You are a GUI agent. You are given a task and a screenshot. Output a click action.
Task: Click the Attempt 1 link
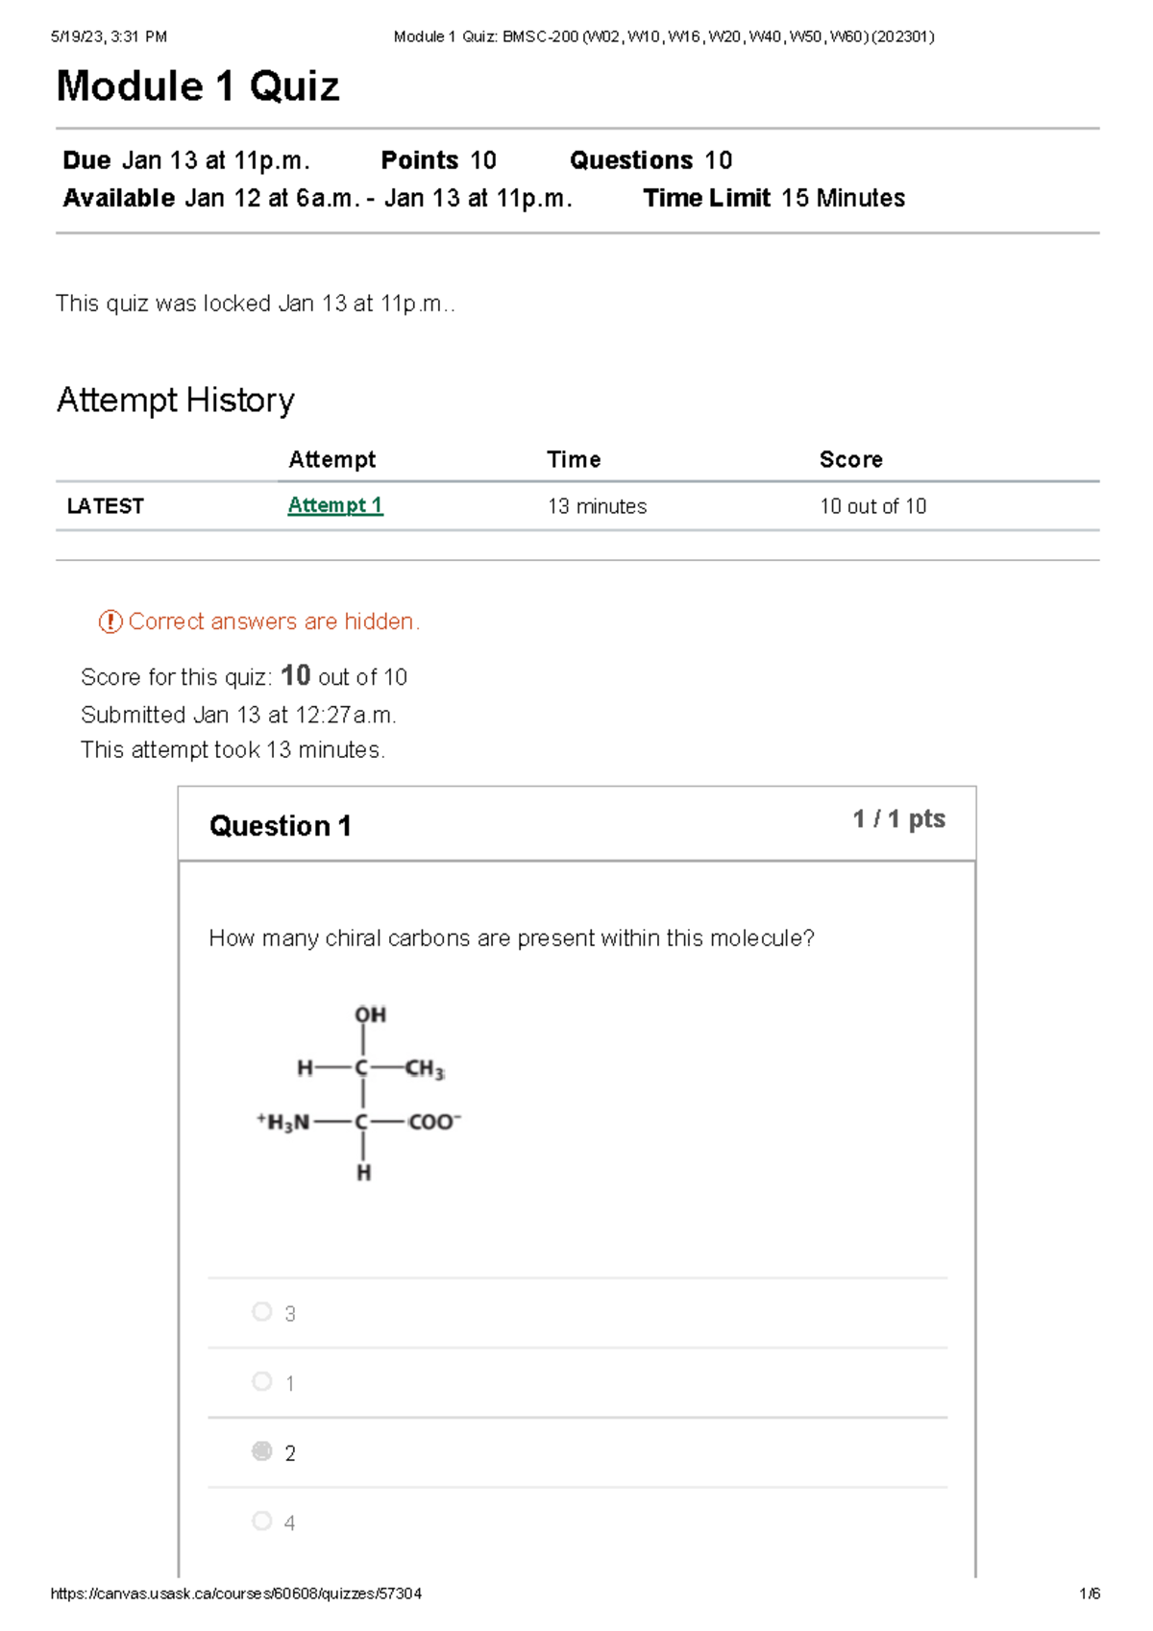click(x=334, y=505)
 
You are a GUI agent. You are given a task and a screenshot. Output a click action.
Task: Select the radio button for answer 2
click(x=261, y=1450)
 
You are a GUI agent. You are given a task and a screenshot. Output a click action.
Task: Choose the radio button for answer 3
click(x=261, y=1311)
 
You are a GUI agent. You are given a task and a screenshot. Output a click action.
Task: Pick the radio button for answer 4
click(x=261, y=1521)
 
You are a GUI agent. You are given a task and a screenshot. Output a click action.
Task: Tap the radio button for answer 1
click(x=261, y=1381)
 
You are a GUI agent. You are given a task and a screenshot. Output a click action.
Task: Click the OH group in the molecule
click(x=370, y=1015)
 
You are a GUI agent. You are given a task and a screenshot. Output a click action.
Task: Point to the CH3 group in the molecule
click(x=424, y=1069)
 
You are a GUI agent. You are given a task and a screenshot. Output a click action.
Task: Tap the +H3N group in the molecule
click(x=283, y=1122)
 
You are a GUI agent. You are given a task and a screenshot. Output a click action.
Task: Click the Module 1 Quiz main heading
click(x=198, y=86)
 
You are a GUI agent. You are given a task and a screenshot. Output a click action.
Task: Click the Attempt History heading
click(x=176, y=400)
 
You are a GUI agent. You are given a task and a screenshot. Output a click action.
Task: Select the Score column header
click(x=850, y=459)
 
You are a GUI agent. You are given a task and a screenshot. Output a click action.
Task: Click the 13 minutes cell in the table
click(x=597, y=506)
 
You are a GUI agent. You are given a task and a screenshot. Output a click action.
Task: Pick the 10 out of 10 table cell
click(x=872, y=506)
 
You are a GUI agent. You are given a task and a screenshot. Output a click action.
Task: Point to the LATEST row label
click(x=106, y=506)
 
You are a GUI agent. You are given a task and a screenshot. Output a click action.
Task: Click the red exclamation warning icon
click(x=110, y=621)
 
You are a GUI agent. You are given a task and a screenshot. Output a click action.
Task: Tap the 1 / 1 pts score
click(x=898, y=819)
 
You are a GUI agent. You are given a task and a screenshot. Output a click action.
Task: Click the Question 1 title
click(x=280, y=826)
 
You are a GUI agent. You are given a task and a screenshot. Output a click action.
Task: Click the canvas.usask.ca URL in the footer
click(x=235, y=1594)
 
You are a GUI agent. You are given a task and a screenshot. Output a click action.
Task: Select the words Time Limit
click(x=706, y=198)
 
